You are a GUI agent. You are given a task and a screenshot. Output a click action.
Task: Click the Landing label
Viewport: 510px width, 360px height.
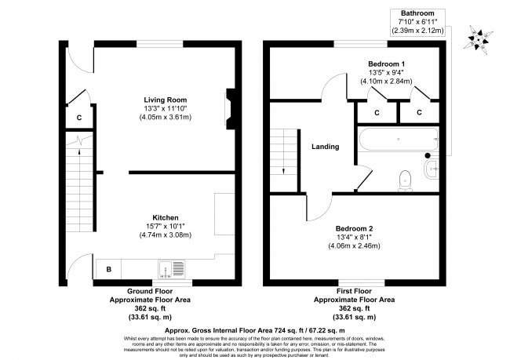[x=325, y=147]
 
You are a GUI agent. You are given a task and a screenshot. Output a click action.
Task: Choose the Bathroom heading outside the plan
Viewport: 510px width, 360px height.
[x=417, y=13]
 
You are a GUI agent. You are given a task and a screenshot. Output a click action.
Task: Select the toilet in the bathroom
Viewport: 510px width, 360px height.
[x=405, y=180]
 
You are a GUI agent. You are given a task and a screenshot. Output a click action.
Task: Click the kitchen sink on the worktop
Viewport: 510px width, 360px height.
[x=170, y=269]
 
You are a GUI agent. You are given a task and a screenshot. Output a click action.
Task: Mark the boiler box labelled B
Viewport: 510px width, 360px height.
[x=108, y=270]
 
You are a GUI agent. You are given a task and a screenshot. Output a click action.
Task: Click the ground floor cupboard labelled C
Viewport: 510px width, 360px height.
[x=79, y=118]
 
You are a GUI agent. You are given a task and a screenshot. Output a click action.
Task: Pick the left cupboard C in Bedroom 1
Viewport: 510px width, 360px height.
[x=376, y=112]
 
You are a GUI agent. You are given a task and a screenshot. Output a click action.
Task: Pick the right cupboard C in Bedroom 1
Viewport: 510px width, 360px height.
[x=419, y=112]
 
